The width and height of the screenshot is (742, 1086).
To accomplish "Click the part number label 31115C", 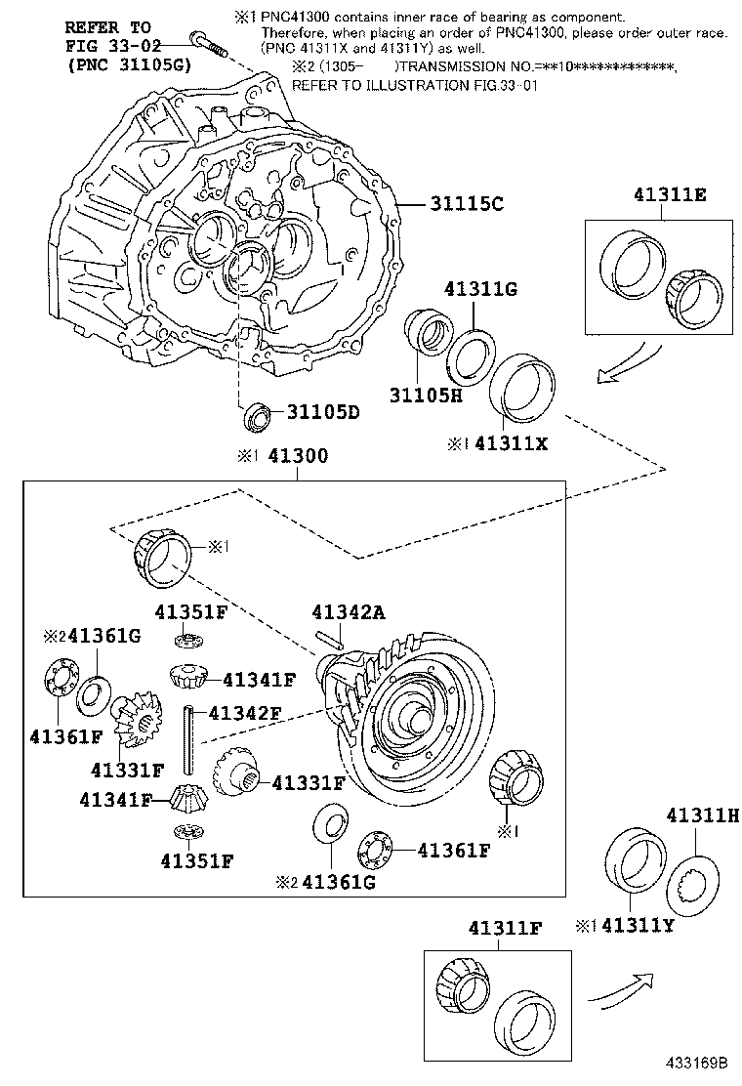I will point(466,204).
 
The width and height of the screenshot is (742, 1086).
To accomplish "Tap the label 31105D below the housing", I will point(322,412).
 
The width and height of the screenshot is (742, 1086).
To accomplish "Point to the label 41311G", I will point(479,288).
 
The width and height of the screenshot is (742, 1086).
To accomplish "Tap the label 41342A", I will point(349,612).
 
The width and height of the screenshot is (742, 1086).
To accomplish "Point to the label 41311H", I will point(701,814).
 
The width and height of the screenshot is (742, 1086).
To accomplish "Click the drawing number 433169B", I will point(702,1063).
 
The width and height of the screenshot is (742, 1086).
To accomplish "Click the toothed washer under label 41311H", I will point(699,878).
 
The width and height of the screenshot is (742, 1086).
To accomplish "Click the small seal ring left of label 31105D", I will point(257,414).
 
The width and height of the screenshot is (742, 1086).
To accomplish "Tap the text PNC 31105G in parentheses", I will point(129,64).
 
